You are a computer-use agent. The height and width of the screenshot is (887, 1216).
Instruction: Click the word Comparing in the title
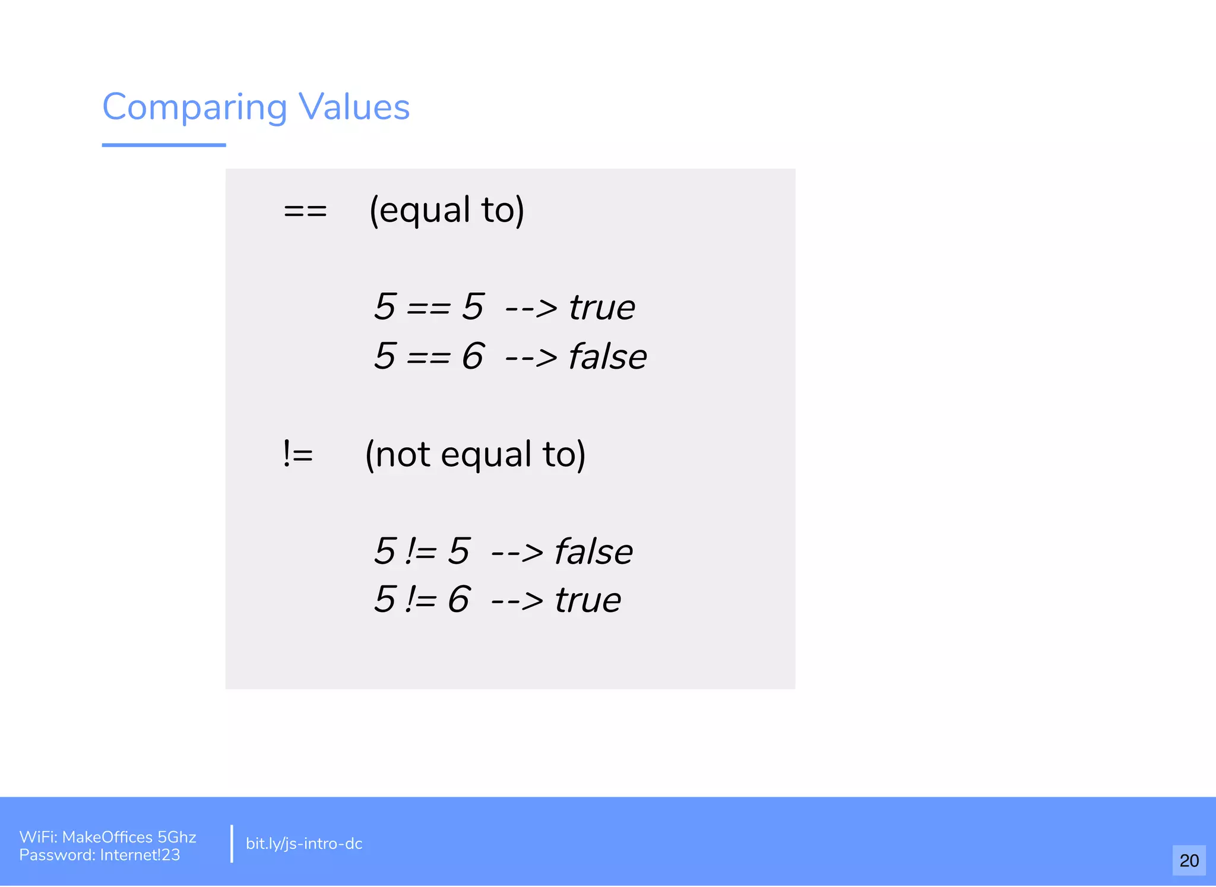tap(195, 108)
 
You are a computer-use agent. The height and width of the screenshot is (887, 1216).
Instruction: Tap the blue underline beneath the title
tap(164, 145)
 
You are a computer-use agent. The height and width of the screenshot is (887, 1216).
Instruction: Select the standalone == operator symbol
tap(305, 211)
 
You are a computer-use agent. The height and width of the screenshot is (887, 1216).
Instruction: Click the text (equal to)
tap(446, 210)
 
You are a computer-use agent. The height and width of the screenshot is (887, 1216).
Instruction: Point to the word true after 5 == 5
tap(601, 308)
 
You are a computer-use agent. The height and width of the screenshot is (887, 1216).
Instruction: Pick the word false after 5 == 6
tap(607, 357)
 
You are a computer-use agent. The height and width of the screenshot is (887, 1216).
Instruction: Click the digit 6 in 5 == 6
tap(473, 356)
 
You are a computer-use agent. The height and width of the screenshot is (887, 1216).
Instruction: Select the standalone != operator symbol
tap(298, 454)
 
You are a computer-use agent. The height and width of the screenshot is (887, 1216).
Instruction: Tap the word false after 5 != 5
tap(593, 552)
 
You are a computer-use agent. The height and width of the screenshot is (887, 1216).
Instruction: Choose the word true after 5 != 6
tap(588, 600)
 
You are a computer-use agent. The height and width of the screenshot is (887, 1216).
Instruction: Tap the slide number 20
tap(1189, 860)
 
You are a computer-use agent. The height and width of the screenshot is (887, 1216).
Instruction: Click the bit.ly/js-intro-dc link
tap(303, 844)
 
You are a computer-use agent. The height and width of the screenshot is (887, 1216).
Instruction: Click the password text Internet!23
tap(140, 855)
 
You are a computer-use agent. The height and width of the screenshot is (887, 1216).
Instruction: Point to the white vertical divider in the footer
tap(232, 843)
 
